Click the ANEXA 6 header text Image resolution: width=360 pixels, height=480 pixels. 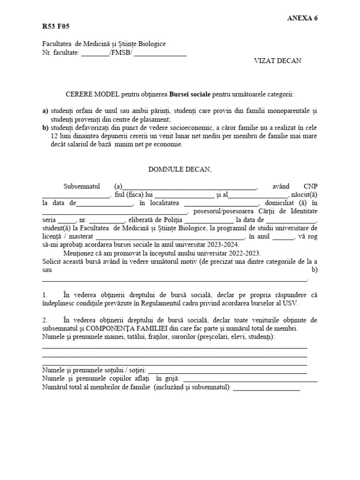[x=305, y=18]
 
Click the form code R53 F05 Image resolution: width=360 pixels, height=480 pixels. [x=56, y=26]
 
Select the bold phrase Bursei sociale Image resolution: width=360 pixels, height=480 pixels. [x=190, y=94]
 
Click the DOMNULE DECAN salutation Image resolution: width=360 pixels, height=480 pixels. [x=180, y=169]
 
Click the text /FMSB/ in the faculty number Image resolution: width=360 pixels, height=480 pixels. [x=120, y=52]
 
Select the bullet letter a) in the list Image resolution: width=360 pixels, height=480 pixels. [x=45, y=111]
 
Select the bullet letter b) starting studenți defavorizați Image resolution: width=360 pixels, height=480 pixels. [x=45, y=128]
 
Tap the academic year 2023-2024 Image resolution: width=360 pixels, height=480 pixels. [x=223, y=244]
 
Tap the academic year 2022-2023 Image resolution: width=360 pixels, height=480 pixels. [x=244, y=253]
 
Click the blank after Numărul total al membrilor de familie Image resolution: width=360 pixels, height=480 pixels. [x=266, y=388]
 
